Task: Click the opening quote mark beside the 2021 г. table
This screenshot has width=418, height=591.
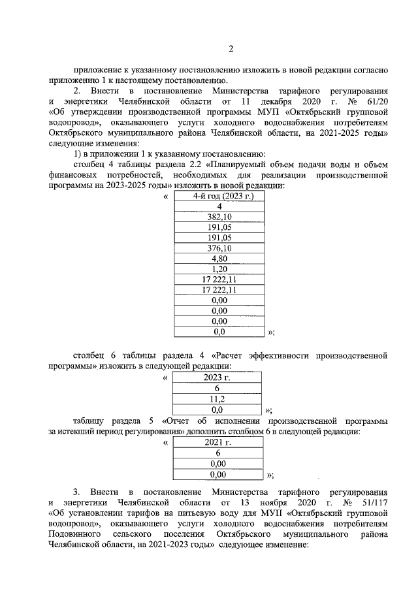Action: tap(165, 443)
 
